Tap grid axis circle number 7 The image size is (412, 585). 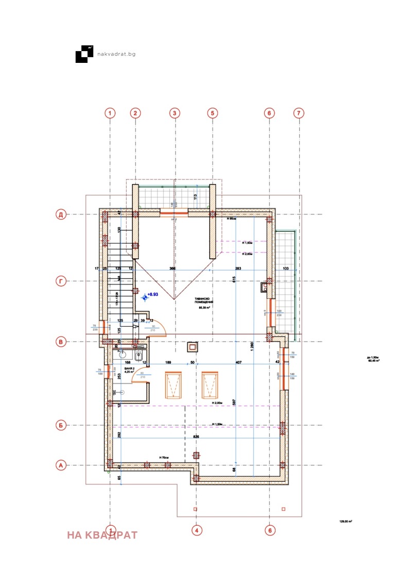(299, 113)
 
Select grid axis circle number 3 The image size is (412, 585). (175, 113)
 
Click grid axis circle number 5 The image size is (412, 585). (212, 113)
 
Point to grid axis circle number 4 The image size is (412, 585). (196, 529)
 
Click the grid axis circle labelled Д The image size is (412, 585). (61, 214)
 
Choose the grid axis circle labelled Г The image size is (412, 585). (61, 281)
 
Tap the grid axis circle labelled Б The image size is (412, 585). (61, 426)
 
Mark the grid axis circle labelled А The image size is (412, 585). (61, 465)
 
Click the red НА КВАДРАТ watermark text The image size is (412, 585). (102, 535)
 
